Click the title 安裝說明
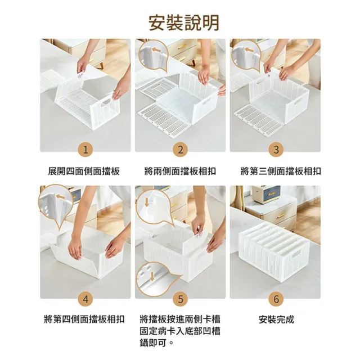184,22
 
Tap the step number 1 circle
85,150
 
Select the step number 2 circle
181,150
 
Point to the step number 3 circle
276,150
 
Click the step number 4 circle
85,299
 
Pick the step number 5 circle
181,299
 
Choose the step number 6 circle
276,299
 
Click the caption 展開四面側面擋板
84,171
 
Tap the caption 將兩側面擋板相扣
180,171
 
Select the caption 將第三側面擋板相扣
281,171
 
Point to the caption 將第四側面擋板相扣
84,319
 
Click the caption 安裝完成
276,319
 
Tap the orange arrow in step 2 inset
157,49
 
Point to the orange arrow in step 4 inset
61,196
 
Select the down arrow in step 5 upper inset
146,202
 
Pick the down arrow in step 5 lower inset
151,276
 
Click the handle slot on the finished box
296,254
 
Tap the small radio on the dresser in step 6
266,195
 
